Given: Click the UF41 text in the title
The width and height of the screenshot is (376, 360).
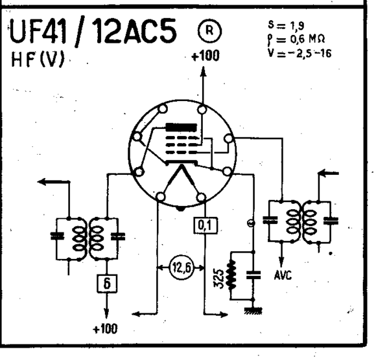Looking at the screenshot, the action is click(x=38, y=31).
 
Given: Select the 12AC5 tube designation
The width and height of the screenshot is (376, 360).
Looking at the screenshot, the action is click(x=135, y=30).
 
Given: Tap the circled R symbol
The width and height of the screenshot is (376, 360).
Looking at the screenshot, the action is click(x=210, y=31).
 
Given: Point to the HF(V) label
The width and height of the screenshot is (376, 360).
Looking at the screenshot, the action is click(x=38, y=60).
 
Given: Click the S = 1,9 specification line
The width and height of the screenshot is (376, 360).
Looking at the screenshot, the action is click(x=286, y=25).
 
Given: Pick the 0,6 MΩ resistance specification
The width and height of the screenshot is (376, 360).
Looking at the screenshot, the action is click(x=308, y=39).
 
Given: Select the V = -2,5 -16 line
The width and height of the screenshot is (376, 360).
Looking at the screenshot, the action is click(x=300, y=53).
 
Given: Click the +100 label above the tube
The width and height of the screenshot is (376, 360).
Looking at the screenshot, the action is click(x=206, y=56).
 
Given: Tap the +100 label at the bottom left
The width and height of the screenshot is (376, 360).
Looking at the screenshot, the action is click(x=105, y=329).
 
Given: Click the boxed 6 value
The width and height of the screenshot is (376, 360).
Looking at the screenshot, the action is click(x=107, y=284).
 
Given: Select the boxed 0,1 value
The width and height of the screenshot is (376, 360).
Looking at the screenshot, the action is click(x=206, y=225).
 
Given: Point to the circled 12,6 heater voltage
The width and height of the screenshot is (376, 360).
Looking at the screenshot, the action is click(x=181, y=267).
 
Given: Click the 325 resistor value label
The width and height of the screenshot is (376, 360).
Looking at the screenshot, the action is click(x=218, y=278).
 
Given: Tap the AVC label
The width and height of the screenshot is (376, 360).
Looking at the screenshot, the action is click(x=283, y=275).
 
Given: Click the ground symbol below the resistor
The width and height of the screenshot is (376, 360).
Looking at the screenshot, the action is click(x=253, y=311).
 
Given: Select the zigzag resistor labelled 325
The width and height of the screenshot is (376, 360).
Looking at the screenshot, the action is click(x=231, y=275).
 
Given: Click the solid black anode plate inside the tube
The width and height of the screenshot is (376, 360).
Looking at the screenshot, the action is click(x=182, y=128).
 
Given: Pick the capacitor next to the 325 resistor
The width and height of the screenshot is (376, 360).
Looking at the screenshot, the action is click(x=253, y=275).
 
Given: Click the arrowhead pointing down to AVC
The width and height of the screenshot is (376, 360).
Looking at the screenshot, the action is click(x=281, y=262).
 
